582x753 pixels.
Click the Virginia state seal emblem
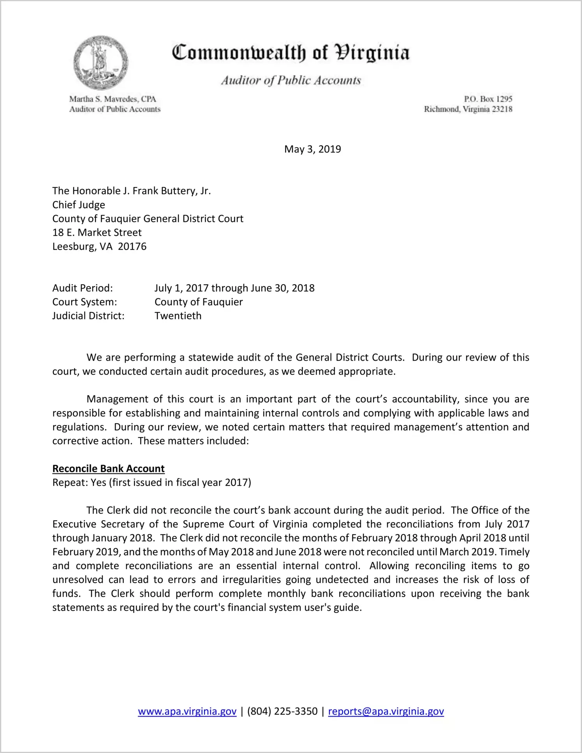coord(101,62)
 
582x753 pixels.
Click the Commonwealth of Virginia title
coord(291,53)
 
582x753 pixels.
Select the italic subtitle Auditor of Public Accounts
coord(291,80)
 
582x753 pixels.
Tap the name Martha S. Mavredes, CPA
coord(113,99)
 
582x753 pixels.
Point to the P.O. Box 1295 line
coord(488,99)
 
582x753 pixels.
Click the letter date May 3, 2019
coord(312,149)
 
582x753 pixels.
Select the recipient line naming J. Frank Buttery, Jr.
coord(131,191)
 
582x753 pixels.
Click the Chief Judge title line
coord(79,205)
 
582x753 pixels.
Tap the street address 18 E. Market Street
coord(97,232)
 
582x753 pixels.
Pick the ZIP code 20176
coord(132,246)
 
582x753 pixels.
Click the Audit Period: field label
coord(83,288)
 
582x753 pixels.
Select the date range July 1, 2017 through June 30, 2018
coord(235,288)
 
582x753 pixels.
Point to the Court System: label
coord(85,302)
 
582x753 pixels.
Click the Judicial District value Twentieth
coord(178,316)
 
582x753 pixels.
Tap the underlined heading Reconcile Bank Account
coord(108,468)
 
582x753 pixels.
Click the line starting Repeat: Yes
coord(152,482)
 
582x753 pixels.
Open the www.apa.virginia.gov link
coord(187,711)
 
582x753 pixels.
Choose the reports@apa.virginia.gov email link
coord(386,711)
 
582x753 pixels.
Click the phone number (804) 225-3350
coord(282,711)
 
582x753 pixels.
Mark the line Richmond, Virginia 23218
coord(468,109)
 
